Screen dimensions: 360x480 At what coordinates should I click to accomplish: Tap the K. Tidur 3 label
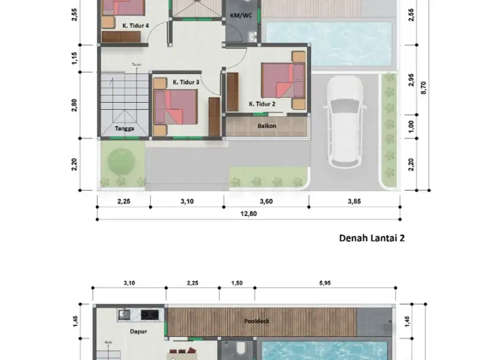click(186, 83)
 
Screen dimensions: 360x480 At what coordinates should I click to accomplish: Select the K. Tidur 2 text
click(262, 103)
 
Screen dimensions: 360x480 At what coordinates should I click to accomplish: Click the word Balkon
click(266, 126)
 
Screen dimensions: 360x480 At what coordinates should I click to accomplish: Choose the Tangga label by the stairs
click(124, 129)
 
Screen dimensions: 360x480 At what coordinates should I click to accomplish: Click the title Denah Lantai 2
click(372, 238)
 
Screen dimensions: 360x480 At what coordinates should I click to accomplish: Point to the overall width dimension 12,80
click(248, 214)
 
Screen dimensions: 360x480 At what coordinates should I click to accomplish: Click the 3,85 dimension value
click(354, 202)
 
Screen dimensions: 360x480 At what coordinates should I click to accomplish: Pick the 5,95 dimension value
click(325, 283)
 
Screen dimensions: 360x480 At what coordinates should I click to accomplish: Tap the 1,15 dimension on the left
click(74, 59)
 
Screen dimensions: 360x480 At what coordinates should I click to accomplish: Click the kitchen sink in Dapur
click(125, 315)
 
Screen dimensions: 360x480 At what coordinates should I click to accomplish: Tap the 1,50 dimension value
click(237, 283)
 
